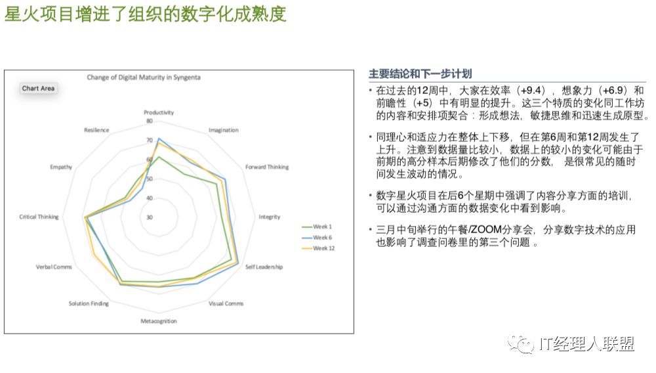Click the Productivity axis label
tap(159, 112)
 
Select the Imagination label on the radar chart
tap(224, 130)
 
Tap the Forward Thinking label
tap(267, 167)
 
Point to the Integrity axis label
tap(270, 217)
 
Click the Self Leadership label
tap(264, 267)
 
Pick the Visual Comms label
tap(226, 303)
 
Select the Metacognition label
tap(159, 321)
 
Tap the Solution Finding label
tap(89, 303)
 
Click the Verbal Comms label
tap(54, 267)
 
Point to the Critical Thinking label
tap(39, 217)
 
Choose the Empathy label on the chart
tap(61, 167)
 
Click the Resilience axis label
tap(96, 130)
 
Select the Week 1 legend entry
tap(317, 227)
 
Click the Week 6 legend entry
tap(317, 237)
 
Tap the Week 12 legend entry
tap(318, 248)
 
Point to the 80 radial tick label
tap(150, 121)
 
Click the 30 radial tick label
tap(150, 217)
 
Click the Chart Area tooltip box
tap(38, 89)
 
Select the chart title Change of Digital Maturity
tap(144, 77)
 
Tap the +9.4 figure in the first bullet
tap(531, 91)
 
